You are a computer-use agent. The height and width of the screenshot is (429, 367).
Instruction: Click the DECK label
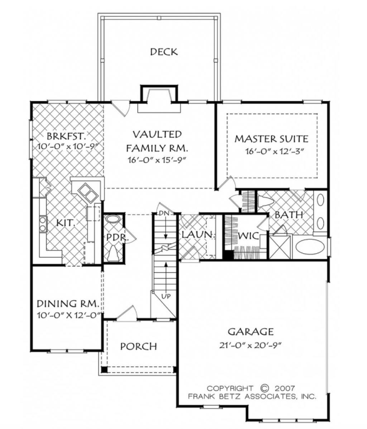click(163, 52)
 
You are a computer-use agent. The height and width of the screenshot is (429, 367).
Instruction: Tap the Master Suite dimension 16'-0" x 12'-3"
click(275, 152)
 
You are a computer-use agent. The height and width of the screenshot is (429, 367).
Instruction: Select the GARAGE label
click(251, 331)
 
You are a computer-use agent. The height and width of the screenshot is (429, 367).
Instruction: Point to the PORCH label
click(138, 346)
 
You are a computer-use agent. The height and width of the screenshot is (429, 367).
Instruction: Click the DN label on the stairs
click(164, 213)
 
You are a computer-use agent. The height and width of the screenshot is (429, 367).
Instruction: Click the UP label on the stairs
click(166, 296)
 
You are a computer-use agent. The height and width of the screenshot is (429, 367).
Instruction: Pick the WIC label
click(248, 236)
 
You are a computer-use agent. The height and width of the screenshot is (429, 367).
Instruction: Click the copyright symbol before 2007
click(264, 388)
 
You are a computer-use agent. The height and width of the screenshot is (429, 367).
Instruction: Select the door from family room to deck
click(120, 107)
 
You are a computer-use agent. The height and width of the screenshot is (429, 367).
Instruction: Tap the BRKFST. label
click(67, 137)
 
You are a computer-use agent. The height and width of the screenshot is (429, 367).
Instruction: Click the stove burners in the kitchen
click(43, 224)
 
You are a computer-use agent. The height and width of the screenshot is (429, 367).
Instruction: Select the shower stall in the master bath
click(281, 247)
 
